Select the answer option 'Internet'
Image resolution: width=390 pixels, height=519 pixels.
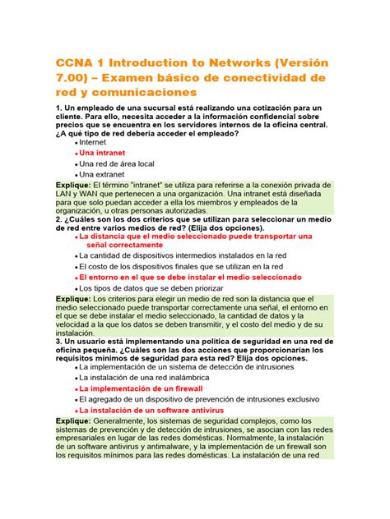[98, 141]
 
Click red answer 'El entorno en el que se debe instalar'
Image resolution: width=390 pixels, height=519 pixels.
[189, 278]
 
